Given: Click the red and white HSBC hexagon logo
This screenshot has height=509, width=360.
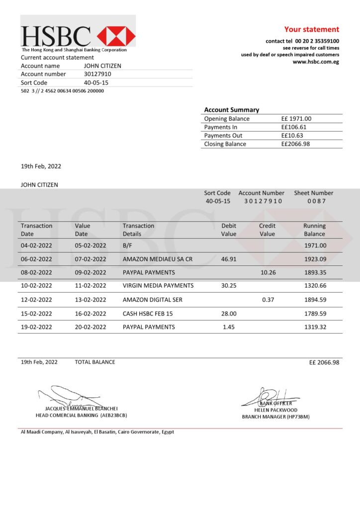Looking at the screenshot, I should point(116,36).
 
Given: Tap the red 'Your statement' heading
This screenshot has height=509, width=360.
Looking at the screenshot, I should point(311,29).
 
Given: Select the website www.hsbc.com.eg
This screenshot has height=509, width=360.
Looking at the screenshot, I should point(316,62).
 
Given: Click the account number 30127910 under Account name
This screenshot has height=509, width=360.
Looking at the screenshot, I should point(97,74).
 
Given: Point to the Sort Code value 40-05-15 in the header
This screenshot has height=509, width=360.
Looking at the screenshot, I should point(96,83).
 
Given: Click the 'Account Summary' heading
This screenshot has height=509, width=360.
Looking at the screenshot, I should point(231,110).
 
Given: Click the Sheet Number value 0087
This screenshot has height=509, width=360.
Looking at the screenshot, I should point(316,201).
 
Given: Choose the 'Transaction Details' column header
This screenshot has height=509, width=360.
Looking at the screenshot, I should point(138,230).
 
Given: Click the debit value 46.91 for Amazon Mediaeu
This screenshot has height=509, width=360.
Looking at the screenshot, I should point(229,259).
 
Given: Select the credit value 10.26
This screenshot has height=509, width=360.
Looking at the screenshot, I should point(268,272).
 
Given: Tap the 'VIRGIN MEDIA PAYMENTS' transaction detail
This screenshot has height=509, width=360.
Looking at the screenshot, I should point(158,286).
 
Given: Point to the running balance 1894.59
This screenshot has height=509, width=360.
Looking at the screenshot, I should point(315,300).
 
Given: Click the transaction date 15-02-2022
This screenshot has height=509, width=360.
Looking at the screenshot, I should point(36,314).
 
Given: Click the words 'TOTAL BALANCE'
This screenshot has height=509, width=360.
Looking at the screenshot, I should point(95,362).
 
